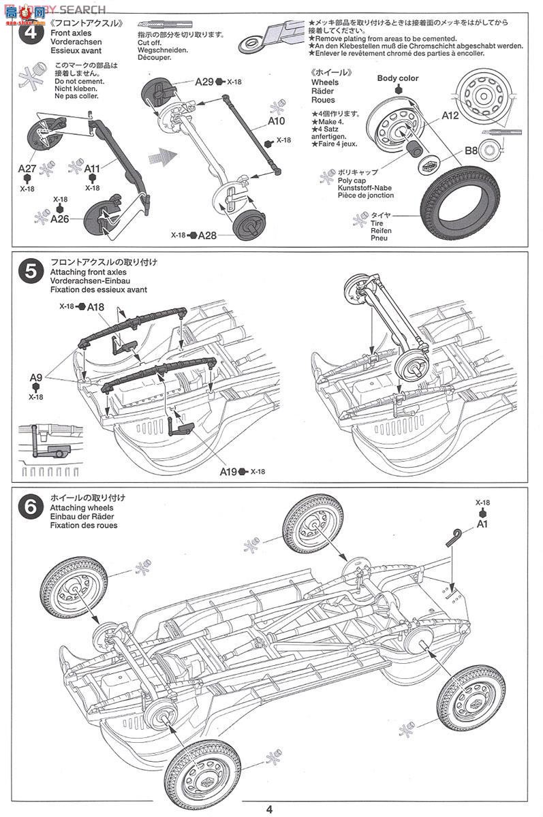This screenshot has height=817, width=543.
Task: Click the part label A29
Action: pyautogui.click(x=204, y=82)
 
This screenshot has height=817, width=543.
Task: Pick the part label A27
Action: pyautogui.click(x=27, y=168)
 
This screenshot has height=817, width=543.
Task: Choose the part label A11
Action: pyautogui.click(x=93, y=168)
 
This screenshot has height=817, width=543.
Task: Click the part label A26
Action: pyautogui.click(x=60, y=219)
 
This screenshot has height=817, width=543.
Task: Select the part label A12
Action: pyautogui.click(x=450, y=115)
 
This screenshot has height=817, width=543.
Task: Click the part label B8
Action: pyautogui.click(x=471, y=150)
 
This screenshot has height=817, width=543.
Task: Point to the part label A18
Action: pyautogui.click(x=95, y=307)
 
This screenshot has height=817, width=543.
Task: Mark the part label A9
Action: pyautogui.click(x=36, y=377)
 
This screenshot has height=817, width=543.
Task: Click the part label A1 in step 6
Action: pyautogui.click(x=482, y=524)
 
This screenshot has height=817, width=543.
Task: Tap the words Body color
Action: pyautogui.click(x=398, y=78)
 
